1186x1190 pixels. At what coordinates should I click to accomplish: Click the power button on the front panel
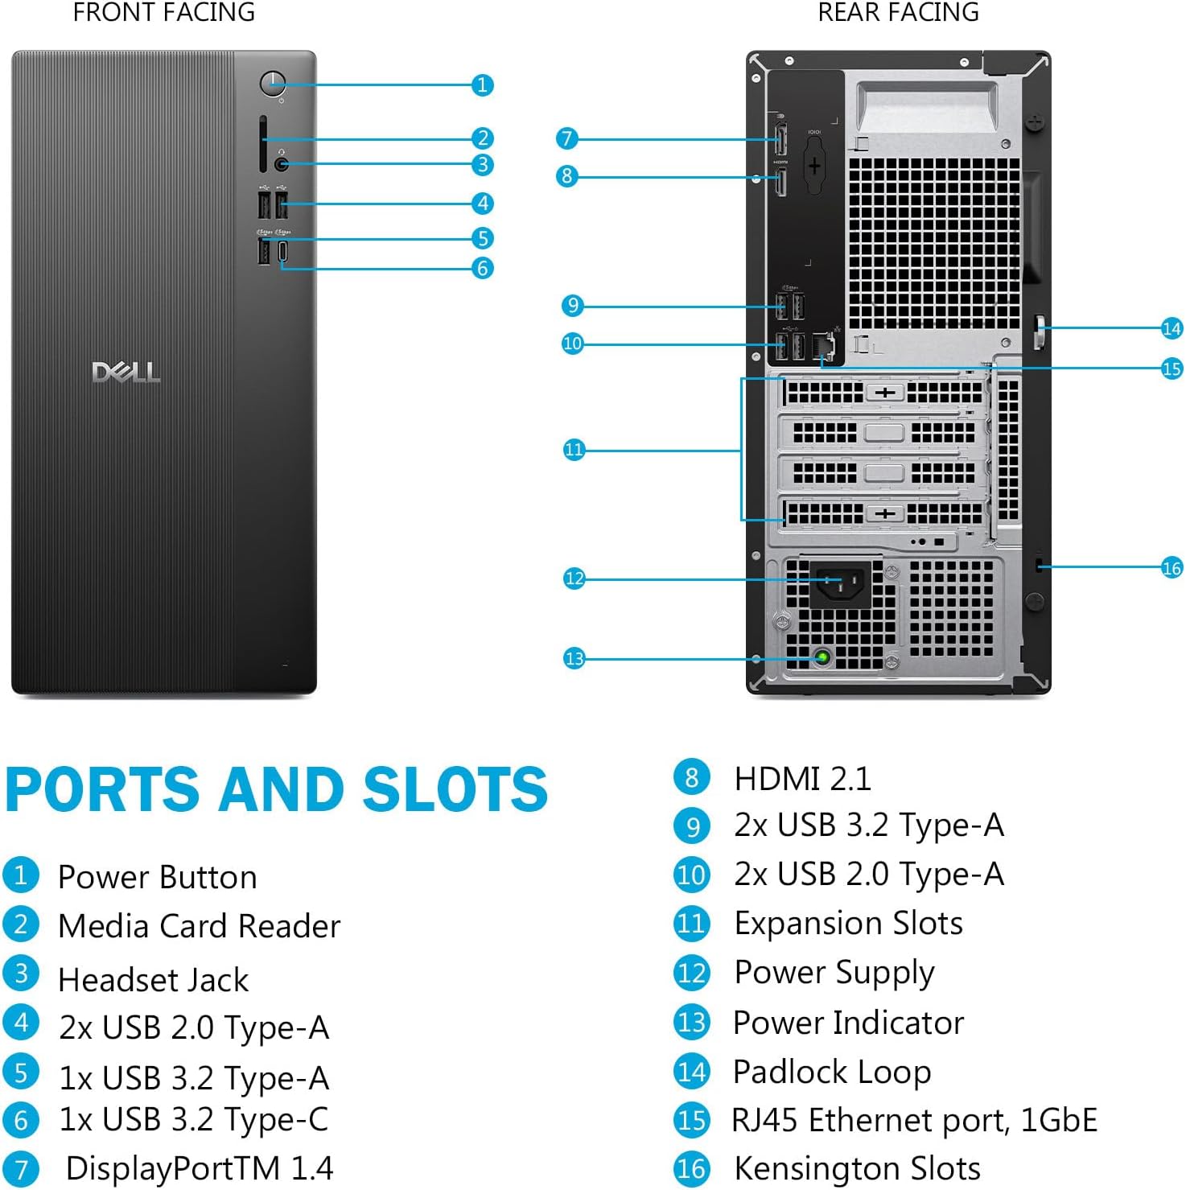tap(273, 83)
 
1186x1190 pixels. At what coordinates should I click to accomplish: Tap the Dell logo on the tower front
tap(126, 373)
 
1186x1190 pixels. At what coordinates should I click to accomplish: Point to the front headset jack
tap(281, 164)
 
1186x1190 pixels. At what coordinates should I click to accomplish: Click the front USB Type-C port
tap(282, 253)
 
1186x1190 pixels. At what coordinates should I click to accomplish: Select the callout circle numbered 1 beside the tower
tap(482, 84)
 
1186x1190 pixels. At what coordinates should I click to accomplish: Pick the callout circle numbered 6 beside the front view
tap(482, 268)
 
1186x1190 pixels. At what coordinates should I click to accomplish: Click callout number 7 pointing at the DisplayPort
tap(566, 138)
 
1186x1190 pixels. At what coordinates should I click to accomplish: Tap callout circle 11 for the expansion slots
tap(573, 449)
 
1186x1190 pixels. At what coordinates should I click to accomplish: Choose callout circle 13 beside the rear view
tap(574, 659)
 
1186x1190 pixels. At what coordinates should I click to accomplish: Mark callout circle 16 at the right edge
tap(1172, 568)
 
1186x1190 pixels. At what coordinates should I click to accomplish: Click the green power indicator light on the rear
tap(822, 657)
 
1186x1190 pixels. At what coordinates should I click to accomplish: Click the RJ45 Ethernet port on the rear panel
tap(824, 346)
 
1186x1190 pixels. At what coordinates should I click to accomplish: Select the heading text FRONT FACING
tap(164, 12)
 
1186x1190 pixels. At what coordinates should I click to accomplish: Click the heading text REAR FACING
tap(898, 12)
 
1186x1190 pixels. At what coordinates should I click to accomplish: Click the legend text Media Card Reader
tap(200, 926)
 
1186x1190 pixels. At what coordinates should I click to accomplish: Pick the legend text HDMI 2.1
tap(802, 778)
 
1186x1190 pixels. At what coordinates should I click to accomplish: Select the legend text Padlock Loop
tap(832, 1072)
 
